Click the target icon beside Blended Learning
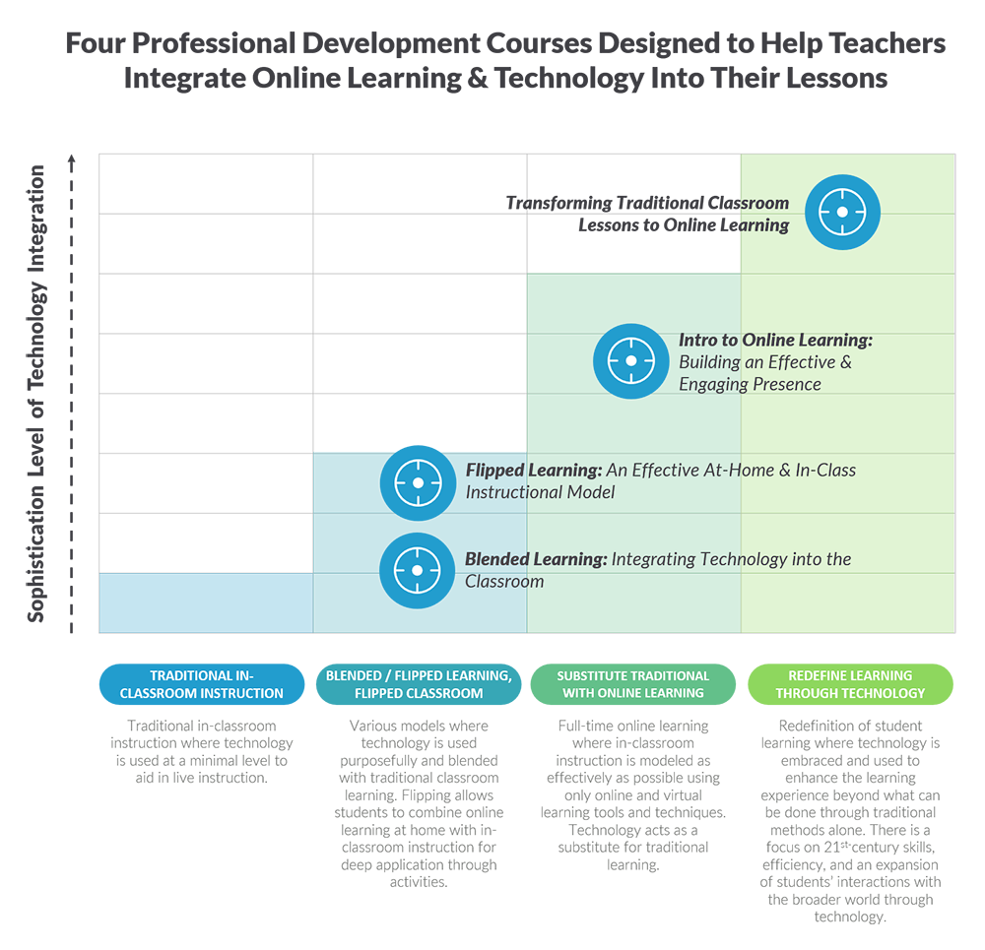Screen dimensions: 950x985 (417, 570)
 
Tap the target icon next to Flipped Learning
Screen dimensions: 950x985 (417, 482)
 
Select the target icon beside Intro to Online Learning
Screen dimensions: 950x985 (630, 361)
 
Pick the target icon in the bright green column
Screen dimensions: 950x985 (842, 213)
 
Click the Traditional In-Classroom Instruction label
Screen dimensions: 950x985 (202, 684)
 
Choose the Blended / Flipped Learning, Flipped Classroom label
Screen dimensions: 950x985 (419, 684)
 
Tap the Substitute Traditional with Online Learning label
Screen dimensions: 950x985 (633, 684)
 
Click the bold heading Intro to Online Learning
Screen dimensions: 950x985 (775, 341)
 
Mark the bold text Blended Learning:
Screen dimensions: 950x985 (535, 559)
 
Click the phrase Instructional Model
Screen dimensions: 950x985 (540, 492)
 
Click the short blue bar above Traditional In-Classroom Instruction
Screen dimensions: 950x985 (206, 602)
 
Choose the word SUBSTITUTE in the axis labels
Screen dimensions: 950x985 (596, 675)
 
